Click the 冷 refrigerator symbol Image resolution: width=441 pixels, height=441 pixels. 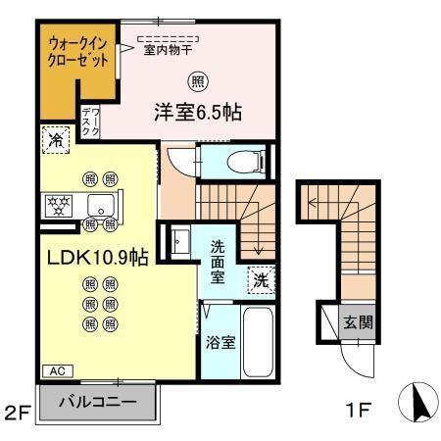56,140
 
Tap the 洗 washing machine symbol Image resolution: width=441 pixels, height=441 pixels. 261,278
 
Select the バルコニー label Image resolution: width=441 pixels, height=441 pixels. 96,401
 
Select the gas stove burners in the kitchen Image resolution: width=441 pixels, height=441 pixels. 59,205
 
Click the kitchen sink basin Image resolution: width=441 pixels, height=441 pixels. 99,205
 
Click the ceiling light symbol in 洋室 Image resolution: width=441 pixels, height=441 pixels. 199,80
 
